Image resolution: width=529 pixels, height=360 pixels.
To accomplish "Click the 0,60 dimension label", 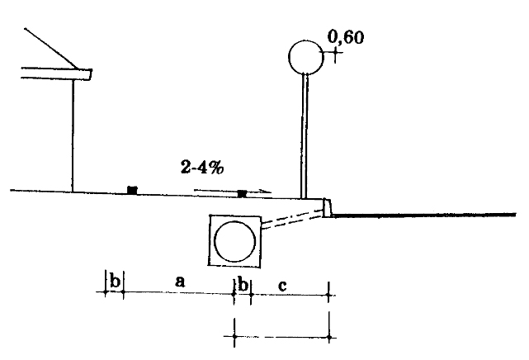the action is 346,37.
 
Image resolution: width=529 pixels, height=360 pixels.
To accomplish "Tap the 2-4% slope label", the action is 202,167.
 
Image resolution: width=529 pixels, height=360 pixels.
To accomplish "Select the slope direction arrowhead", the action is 267,192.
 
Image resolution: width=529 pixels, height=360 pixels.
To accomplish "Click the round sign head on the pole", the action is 306,57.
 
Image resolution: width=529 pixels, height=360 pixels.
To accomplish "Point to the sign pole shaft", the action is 305,135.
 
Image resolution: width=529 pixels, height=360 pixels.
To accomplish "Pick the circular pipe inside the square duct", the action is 235,241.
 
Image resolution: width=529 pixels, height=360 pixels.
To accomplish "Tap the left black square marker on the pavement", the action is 132,190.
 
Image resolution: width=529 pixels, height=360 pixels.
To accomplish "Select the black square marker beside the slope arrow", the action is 243,194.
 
